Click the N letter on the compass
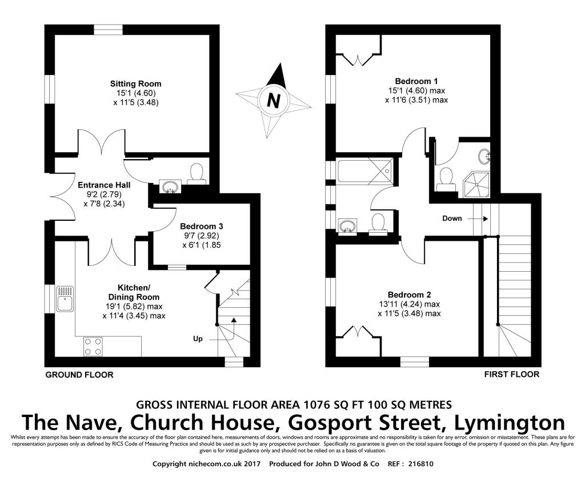274,100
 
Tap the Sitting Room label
136,84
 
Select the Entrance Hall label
104,185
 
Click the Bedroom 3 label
202,226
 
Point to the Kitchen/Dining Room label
134,292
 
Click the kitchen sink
65,299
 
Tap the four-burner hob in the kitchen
93,346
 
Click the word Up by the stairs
198,339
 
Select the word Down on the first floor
452,218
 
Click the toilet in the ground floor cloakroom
197,174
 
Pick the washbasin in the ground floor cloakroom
170,186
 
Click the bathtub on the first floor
364,171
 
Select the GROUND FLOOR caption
79,375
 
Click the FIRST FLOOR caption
512,374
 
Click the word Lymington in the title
510,423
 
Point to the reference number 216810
421,464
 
